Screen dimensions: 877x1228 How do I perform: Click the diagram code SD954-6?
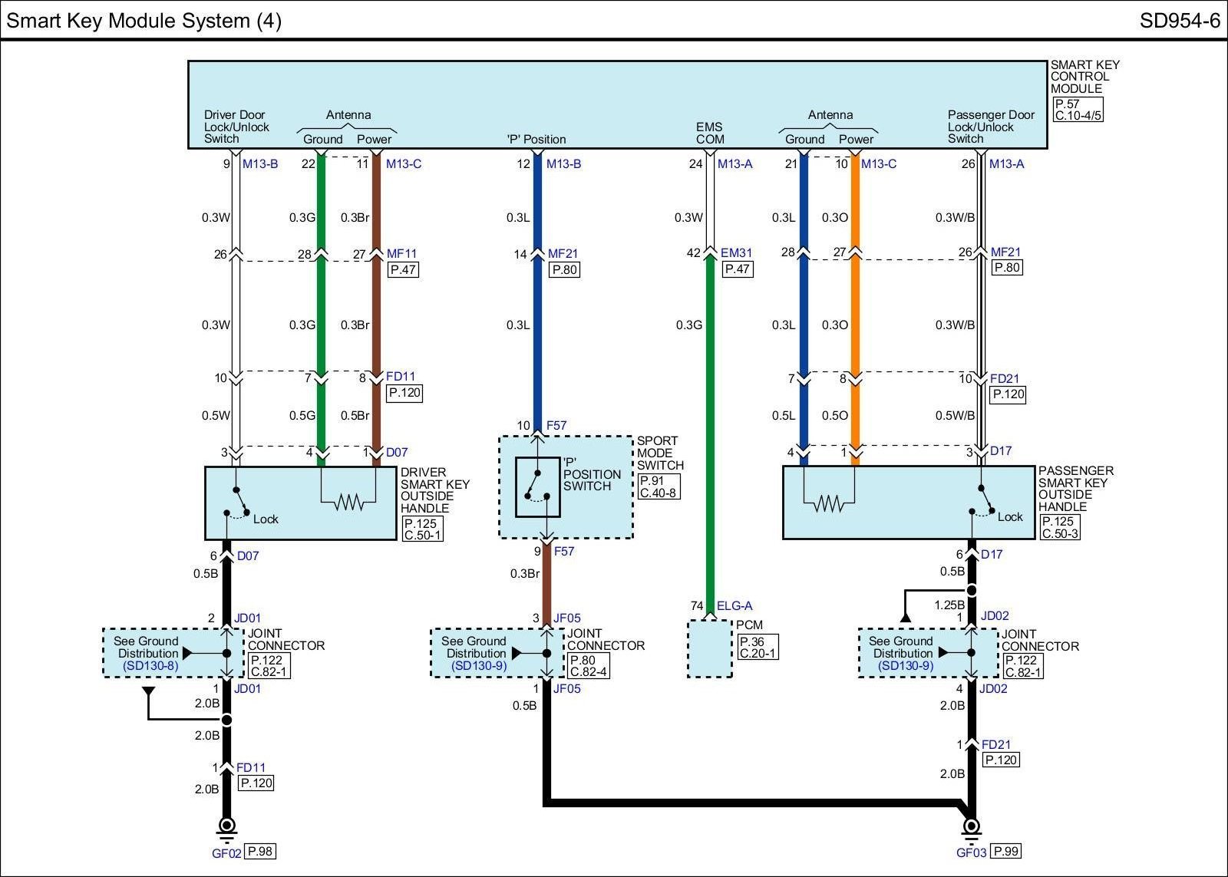1179,20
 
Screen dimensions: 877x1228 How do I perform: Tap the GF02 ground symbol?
226,827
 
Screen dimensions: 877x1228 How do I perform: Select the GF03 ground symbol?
971,827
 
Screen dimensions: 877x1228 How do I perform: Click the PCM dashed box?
710,649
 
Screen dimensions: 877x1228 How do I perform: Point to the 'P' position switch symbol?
537,486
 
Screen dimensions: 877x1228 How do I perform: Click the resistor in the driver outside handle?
349,503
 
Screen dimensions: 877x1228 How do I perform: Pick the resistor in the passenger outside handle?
829,503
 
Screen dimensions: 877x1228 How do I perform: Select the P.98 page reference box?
260,851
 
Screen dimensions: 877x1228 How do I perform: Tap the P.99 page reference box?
1005,851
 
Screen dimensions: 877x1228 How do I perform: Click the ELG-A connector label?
734,606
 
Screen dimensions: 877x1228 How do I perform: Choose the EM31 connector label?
736,252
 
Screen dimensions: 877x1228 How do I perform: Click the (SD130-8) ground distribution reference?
150,666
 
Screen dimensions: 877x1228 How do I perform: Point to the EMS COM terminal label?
710,133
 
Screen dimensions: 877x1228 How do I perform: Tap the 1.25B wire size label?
949,605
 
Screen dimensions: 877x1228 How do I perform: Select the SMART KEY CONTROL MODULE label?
1084,77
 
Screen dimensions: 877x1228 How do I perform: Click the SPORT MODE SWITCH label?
659,453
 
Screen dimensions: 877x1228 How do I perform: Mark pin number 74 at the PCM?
697,606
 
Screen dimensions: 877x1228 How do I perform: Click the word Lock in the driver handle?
266,519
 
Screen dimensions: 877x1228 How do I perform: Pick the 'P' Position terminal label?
536,140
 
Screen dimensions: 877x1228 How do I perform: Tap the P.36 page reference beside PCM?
751,642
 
